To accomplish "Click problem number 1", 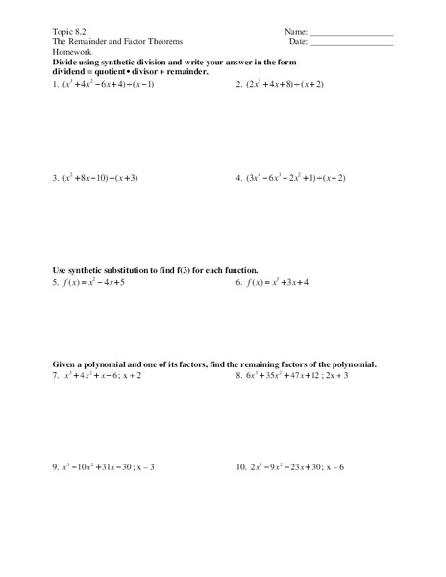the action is (55, 84).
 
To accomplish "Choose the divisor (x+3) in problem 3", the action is (138, 178).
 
